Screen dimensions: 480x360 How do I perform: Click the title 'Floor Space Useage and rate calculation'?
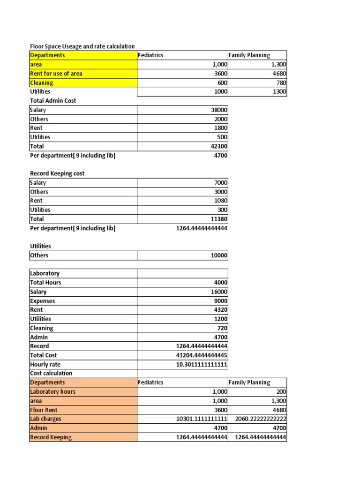pyautogui.click(x=82, y=46)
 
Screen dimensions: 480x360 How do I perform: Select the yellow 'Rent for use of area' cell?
pyautogui.click(x=56, y=74)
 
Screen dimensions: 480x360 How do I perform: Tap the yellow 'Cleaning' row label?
pyautogui.click(x=42, y=83)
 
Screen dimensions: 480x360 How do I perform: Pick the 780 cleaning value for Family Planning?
pyautogui.click(x=279, y=83)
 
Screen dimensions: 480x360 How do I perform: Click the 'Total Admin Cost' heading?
pyautogui.click(x=53, y=101)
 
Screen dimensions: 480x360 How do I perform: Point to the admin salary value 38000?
pyautogui.click(x=219, y=110)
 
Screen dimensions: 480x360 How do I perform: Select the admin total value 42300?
pyautogui.click(x=219, y=146)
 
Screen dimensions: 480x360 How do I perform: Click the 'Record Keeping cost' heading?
pyautogui.click(x=57, y=173)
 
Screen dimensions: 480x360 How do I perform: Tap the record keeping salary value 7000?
pyautogui.click(x=221, y=183)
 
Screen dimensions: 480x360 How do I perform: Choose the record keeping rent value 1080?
pyautogui.click(x=221, y=201)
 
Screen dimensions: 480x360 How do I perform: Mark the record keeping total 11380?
pyautogui.click(x=219, y=219)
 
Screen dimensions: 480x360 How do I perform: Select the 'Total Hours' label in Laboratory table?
pyautogui.click(x=45, y=283)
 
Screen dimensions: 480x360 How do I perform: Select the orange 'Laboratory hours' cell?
pyautogui.click(x=52, y=392)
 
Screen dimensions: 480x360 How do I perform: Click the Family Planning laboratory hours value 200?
pyautogui.click(x=281, y=392)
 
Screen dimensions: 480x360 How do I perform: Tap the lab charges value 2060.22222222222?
pyautogui.click(x=261, y=419)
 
